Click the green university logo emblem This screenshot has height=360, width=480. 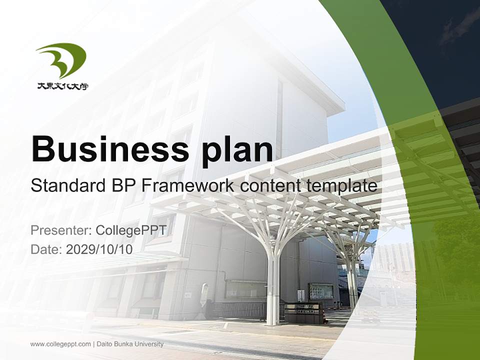click(x=61, y=60)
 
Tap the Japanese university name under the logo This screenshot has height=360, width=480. click(x=62, y=86)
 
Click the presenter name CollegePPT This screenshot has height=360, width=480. click(x=134, y=230)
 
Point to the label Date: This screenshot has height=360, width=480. click(x=46, y=249)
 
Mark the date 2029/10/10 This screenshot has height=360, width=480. click(x=99, y=249)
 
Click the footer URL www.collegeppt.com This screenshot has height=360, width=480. click(x=60, y=344)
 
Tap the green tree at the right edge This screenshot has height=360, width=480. click(x=457, y=250)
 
